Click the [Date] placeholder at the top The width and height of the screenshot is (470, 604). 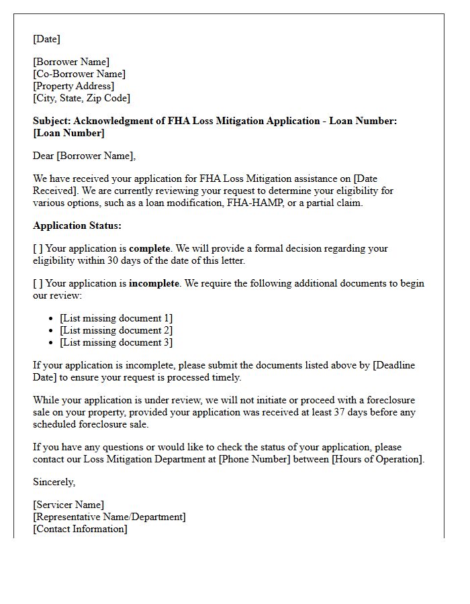[x=46, y=39]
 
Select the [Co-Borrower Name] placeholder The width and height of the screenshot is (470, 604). [x=79, y=74]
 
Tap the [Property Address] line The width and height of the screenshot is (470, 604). [x=74, y=86]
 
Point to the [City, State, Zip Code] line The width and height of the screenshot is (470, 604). [x=81, y=98]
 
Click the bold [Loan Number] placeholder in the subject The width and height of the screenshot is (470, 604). [x=68, y=133]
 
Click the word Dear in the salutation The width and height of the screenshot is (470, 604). [x=44, y=156]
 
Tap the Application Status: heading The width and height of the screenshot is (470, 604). [x=77, y=225]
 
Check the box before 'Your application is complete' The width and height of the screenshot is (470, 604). [x=38, y=248]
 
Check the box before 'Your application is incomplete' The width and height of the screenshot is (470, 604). [x=38, y=283]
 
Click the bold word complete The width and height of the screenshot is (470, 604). [x=150, y=248]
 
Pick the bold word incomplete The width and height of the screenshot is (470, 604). [x=154, y=283]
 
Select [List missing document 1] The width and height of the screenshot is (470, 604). [x=116, y=318]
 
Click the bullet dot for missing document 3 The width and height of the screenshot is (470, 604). [x=52, y=343]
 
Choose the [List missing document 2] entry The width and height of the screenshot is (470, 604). [x=116, y=330]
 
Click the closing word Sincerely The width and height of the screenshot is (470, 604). [x=54, y=482]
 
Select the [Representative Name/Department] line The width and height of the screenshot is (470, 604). [x=109, y=517]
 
